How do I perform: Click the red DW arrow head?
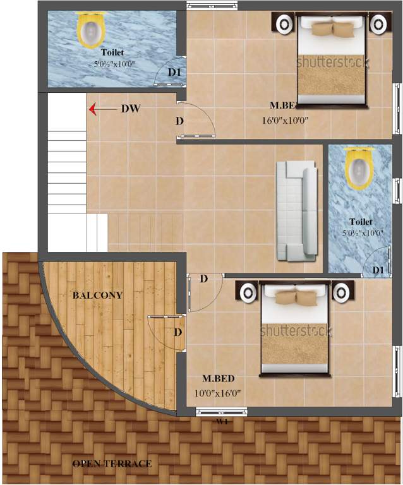93,109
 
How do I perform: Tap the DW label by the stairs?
131,109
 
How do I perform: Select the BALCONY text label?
97,295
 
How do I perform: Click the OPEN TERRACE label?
112,464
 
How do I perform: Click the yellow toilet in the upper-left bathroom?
91,30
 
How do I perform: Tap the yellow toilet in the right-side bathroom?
359,169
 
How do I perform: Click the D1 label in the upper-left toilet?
174,73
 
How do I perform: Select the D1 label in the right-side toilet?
378,270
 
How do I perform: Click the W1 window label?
222,421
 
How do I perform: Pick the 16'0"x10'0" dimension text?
286,120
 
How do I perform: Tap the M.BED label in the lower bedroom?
219,378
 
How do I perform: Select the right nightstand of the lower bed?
342,293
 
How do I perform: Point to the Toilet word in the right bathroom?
361,222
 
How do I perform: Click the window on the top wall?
207,6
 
